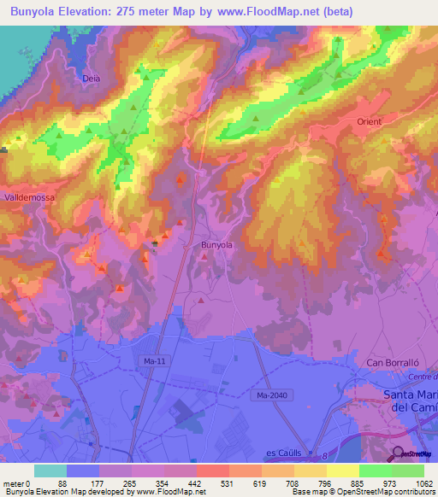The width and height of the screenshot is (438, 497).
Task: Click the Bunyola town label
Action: [216, 245]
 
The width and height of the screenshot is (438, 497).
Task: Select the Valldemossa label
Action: [29, 196]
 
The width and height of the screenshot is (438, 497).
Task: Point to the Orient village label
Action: [370, 122]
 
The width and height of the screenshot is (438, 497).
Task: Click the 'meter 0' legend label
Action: [17, 483]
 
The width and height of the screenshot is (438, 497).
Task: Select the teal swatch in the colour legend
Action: [50, 471]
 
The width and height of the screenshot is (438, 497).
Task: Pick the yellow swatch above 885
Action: [342, 471]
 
